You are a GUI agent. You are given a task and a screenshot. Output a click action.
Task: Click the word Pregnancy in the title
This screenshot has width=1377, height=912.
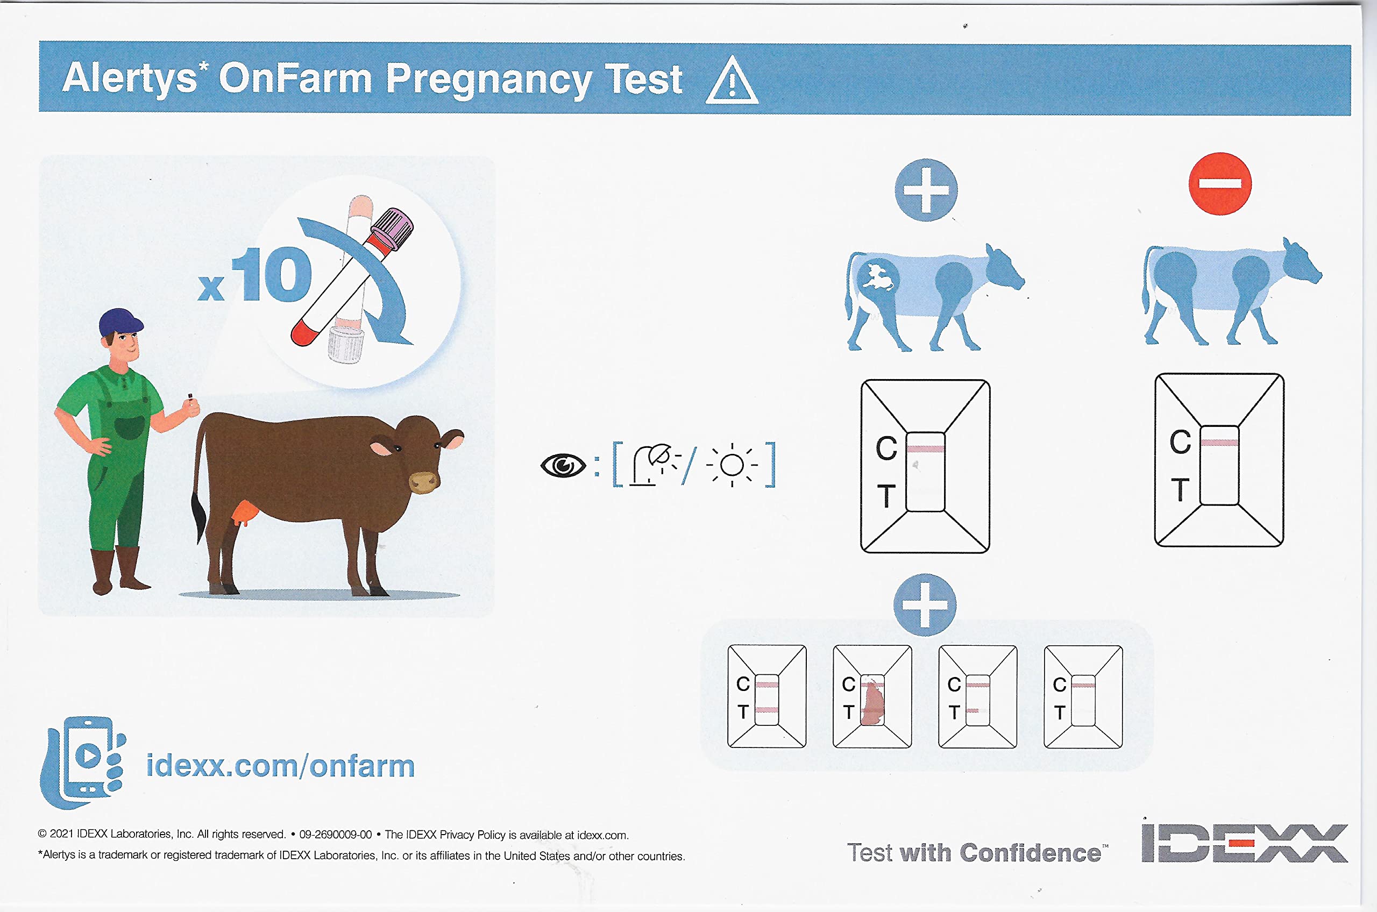[488, 80]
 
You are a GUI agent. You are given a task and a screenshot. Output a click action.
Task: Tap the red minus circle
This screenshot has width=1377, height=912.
[1219, 184]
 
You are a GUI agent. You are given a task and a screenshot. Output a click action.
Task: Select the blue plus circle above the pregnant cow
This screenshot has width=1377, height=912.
[926, 190]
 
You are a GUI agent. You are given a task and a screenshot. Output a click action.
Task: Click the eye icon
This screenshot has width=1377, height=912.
[563, 465]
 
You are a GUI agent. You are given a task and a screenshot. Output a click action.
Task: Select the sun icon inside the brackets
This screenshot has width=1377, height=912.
[732, 465]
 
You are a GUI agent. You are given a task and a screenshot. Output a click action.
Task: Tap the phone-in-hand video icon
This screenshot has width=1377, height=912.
[83, 762]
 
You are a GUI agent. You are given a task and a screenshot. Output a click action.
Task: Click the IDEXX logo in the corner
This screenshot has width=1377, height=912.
[1244, 842]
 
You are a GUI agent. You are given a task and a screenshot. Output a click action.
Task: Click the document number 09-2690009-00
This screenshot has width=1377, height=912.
[336, 835]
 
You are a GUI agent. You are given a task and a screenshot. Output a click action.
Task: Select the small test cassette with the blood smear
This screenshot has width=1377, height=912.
[872, 696]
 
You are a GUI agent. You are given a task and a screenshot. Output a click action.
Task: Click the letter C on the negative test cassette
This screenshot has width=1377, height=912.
[1180, 442]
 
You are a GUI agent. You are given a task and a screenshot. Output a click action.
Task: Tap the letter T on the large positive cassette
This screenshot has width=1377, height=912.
[885, 496]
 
